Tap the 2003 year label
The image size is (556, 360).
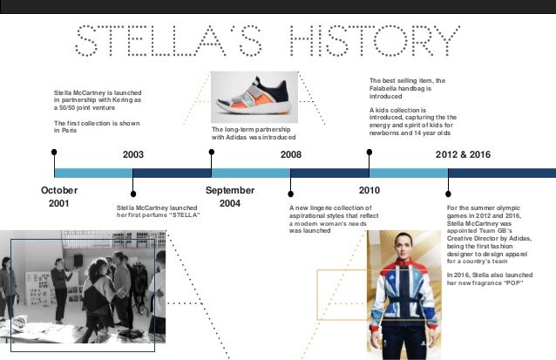[x=133, y=154]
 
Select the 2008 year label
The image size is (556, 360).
[x=290, y=154]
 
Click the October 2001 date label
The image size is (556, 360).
[x=59, y=196]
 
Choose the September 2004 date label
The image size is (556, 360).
[x=230, y=196]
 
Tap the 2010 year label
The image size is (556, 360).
[x=370, y=189]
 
